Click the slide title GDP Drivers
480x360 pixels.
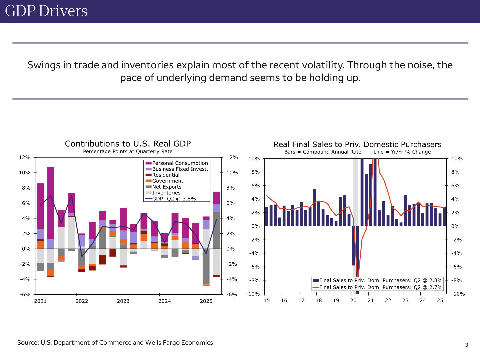[x=46, y=11]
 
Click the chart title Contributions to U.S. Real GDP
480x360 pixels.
[x=128, y=144]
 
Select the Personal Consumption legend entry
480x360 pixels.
[x=180, y=163]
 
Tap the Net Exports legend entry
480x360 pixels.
[x=167, y=187]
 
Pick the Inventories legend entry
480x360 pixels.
[x=166, y=193]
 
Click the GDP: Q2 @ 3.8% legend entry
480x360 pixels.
[x=174, y=199]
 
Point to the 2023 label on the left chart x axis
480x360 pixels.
[x=123, y=301]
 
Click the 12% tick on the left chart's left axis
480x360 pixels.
[x=25, y=157]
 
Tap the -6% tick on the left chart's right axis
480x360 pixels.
[x=232, y=295]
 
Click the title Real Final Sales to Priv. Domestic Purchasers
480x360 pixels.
[x=357, y=144]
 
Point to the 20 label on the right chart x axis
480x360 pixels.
[x=353, y=301]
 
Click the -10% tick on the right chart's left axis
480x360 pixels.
[x=253, y=294]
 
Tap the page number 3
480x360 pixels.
[x=467, y=345]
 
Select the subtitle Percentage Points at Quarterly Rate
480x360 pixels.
[x=128, y=152]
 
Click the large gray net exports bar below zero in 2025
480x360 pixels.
[x=206, y=267]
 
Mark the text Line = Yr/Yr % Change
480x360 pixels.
[x=402, y=152]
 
